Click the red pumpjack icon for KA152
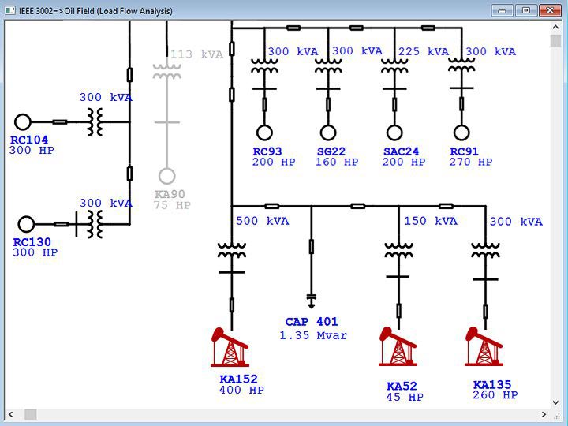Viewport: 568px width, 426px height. point(230,348)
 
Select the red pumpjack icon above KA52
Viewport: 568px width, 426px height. point(398,348)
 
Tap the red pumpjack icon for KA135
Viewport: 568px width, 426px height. point(484,348)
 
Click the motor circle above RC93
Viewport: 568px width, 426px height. point(263,132)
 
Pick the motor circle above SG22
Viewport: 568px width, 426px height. point(328,132)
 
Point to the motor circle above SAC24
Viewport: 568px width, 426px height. point(394,132)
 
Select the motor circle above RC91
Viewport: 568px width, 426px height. point(461,132)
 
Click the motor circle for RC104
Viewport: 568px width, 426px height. point(23,121)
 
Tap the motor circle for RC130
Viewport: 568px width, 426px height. point(27,224)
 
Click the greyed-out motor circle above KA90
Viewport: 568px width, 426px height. point(166,176)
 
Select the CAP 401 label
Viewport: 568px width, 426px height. point(312,322)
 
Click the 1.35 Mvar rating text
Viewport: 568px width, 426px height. point(313,335)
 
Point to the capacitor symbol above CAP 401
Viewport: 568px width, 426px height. point(311,299)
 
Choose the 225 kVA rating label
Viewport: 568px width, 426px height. point(423,52)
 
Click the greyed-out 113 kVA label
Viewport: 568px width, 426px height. point(197,54)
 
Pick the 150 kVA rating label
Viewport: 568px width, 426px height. point(431,221)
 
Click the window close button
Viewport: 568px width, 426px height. point(549,10)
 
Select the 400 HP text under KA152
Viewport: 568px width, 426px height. point(241,390)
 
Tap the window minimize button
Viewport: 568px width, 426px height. point(503,10)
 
